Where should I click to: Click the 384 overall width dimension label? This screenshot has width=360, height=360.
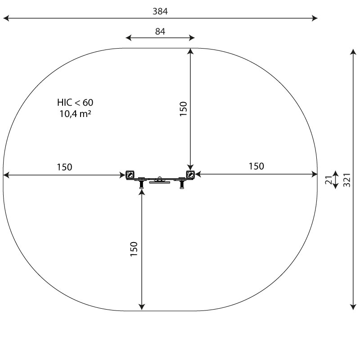click(160, 11)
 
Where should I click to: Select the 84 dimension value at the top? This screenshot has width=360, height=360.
click(160, 31)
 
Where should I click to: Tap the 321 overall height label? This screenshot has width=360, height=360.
click(346, 180)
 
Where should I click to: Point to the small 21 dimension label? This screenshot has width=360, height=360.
click(329, 180)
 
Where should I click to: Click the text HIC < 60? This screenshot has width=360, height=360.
click(75, 103)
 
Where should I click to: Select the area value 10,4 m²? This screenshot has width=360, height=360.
click(75, 114)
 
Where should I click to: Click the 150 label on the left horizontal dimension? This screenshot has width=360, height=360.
click(64, 167)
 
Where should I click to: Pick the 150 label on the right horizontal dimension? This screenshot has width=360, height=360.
click(256, 166)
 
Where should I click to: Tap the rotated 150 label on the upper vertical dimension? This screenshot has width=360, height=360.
click(183, 109)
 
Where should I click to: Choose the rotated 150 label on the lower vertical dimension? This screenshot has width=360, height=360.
click(134, 249)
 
